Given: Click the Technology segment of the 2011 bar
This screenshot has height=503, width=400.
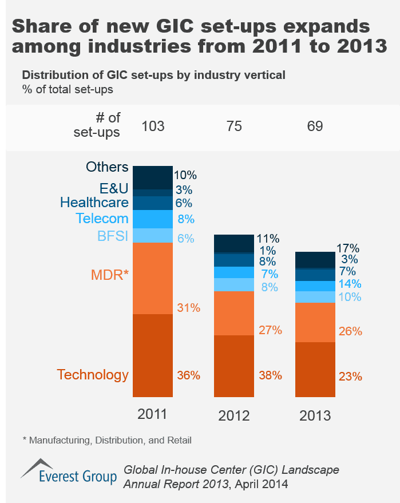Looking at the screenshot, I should click(153, 355).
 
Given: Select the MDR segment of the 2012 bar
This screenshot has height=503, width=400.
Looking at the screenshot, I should click(233, 313).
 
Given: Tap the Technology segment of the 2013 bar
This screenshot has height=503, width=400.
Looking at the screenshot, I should click(315, 369).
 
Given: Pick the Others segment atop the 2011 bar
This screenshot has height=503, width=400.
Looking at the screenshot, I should click(153, 177).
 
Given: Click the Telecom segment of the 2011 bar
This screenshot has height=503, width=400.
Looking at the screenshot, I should click(153, 219).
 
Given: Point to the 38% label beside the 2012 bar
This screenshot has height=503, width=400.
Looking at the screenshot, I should click(270, 376).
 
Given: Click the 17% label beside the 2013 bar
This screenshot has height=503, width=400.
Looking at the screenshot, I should click(348, 248).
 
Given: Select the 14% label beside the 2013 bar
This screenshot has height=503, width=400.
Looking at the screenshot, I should click(350, 284).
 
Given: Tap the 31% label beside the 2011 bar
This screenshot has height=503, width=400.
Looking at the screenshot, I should click(188, 308).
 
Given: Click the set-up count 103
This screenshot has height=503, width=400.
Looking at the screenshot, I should click(152, 125).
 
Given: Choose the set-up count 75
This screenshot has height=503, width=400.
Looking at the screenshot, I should click(233, 125).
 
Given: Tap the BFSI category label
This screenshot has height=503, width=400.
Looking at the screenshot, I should click(113, 236).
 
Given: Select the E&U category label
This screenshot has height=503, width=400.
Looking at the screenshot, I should click(113, 188).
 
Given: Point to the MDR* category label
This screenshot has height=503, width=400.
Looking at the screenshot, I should click(110, 275).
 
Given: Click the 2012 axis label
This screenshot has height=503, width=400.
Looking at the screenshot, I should click(233, 415).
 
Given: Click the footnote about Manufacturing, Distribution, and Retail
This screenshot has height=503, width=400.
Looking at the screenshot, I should click(107, 440).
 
